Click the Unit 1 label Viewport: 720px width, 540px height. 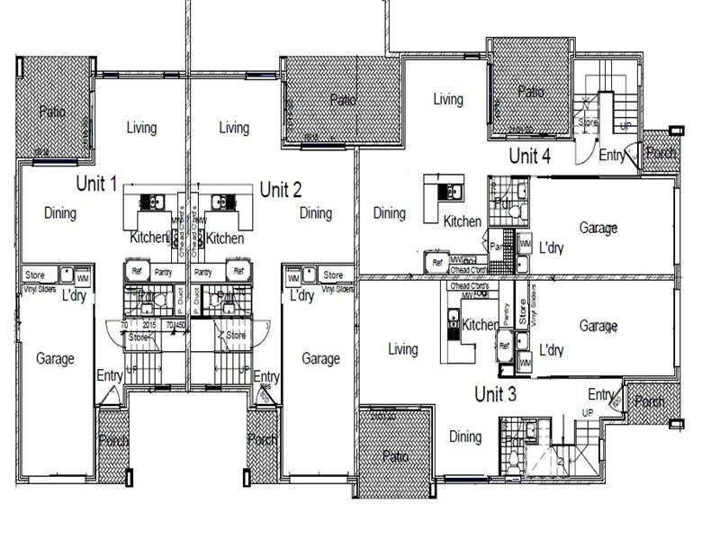(96, 184)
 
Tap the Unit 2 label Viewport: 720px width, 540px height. (280, 189)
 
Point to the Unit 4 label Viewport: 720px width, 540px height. (529, 156)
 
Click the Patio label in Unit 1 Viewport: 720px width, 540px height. (51, 112)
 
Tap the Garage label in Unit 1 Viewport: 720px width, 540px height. (55, 358)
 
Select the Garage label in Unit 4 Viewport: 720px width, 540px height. (598, 229)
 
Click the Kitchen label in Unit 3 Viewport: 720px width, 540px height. (481, 325)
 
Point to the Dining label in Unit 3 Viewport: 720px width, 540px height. (465, 436)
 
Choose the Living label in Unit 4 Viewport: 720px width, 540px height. (447, 99)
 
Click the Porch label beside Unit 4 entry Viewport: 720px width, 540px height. (661, 154)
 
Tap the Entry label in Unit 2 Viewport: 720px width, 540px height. (266, 376)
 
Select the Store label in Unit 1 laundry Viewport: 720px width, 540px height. (35, 274)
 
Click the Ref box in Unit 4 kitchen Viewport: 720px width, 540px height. (437, 263)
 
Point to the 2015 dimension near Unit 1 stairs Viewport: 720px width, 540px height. (149, 325)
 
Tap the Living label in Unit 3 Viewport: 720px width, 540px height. (402, 349)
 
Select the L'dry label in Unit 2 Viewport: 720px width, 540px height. (301, 295)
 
